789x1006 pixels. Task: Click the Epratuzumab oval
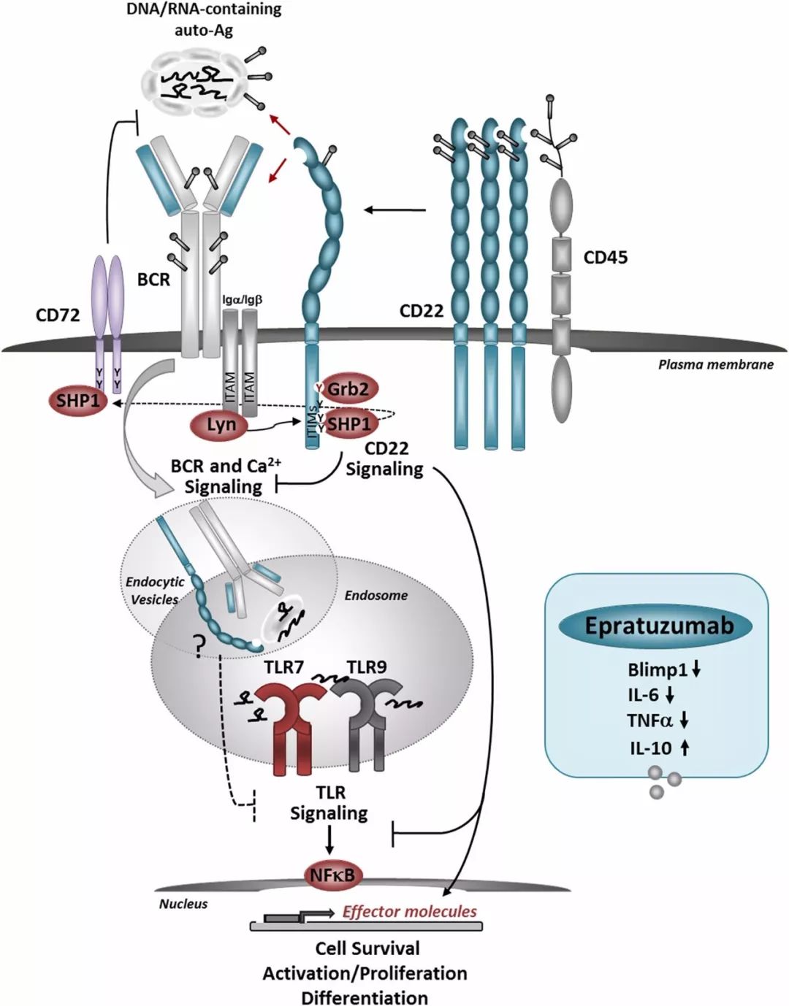tap(657, 626)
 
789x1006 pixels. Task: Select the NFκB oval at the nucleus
tap(333, 875)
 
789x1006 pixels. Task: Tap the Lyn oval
tap(221, 424)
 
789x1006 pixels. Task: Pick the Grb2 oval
tap(347, 389)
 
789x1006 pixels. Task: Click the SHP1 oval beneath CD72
tap(78, 401)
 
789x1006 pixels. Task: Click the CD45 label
tap(605, 257)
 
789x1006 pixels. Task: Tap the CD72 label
tap(58, 315)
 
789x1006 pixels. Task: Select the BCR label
tap(153, 280)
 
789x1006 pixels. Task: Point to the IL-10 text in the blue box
tap(650, 748)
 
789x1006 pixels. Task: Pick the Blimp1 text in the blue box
tap(657, 669)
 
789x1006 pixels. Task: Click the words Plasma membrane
tap(715, 364)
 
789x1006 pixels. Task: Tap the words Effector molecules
tap(409, 911)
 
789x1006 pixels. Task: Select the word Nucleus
tap(183, 904)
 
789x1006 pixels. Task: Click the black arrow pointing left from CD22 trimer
tap(394, 210)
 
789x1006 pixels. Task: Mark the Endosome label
tap(376, 595)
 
